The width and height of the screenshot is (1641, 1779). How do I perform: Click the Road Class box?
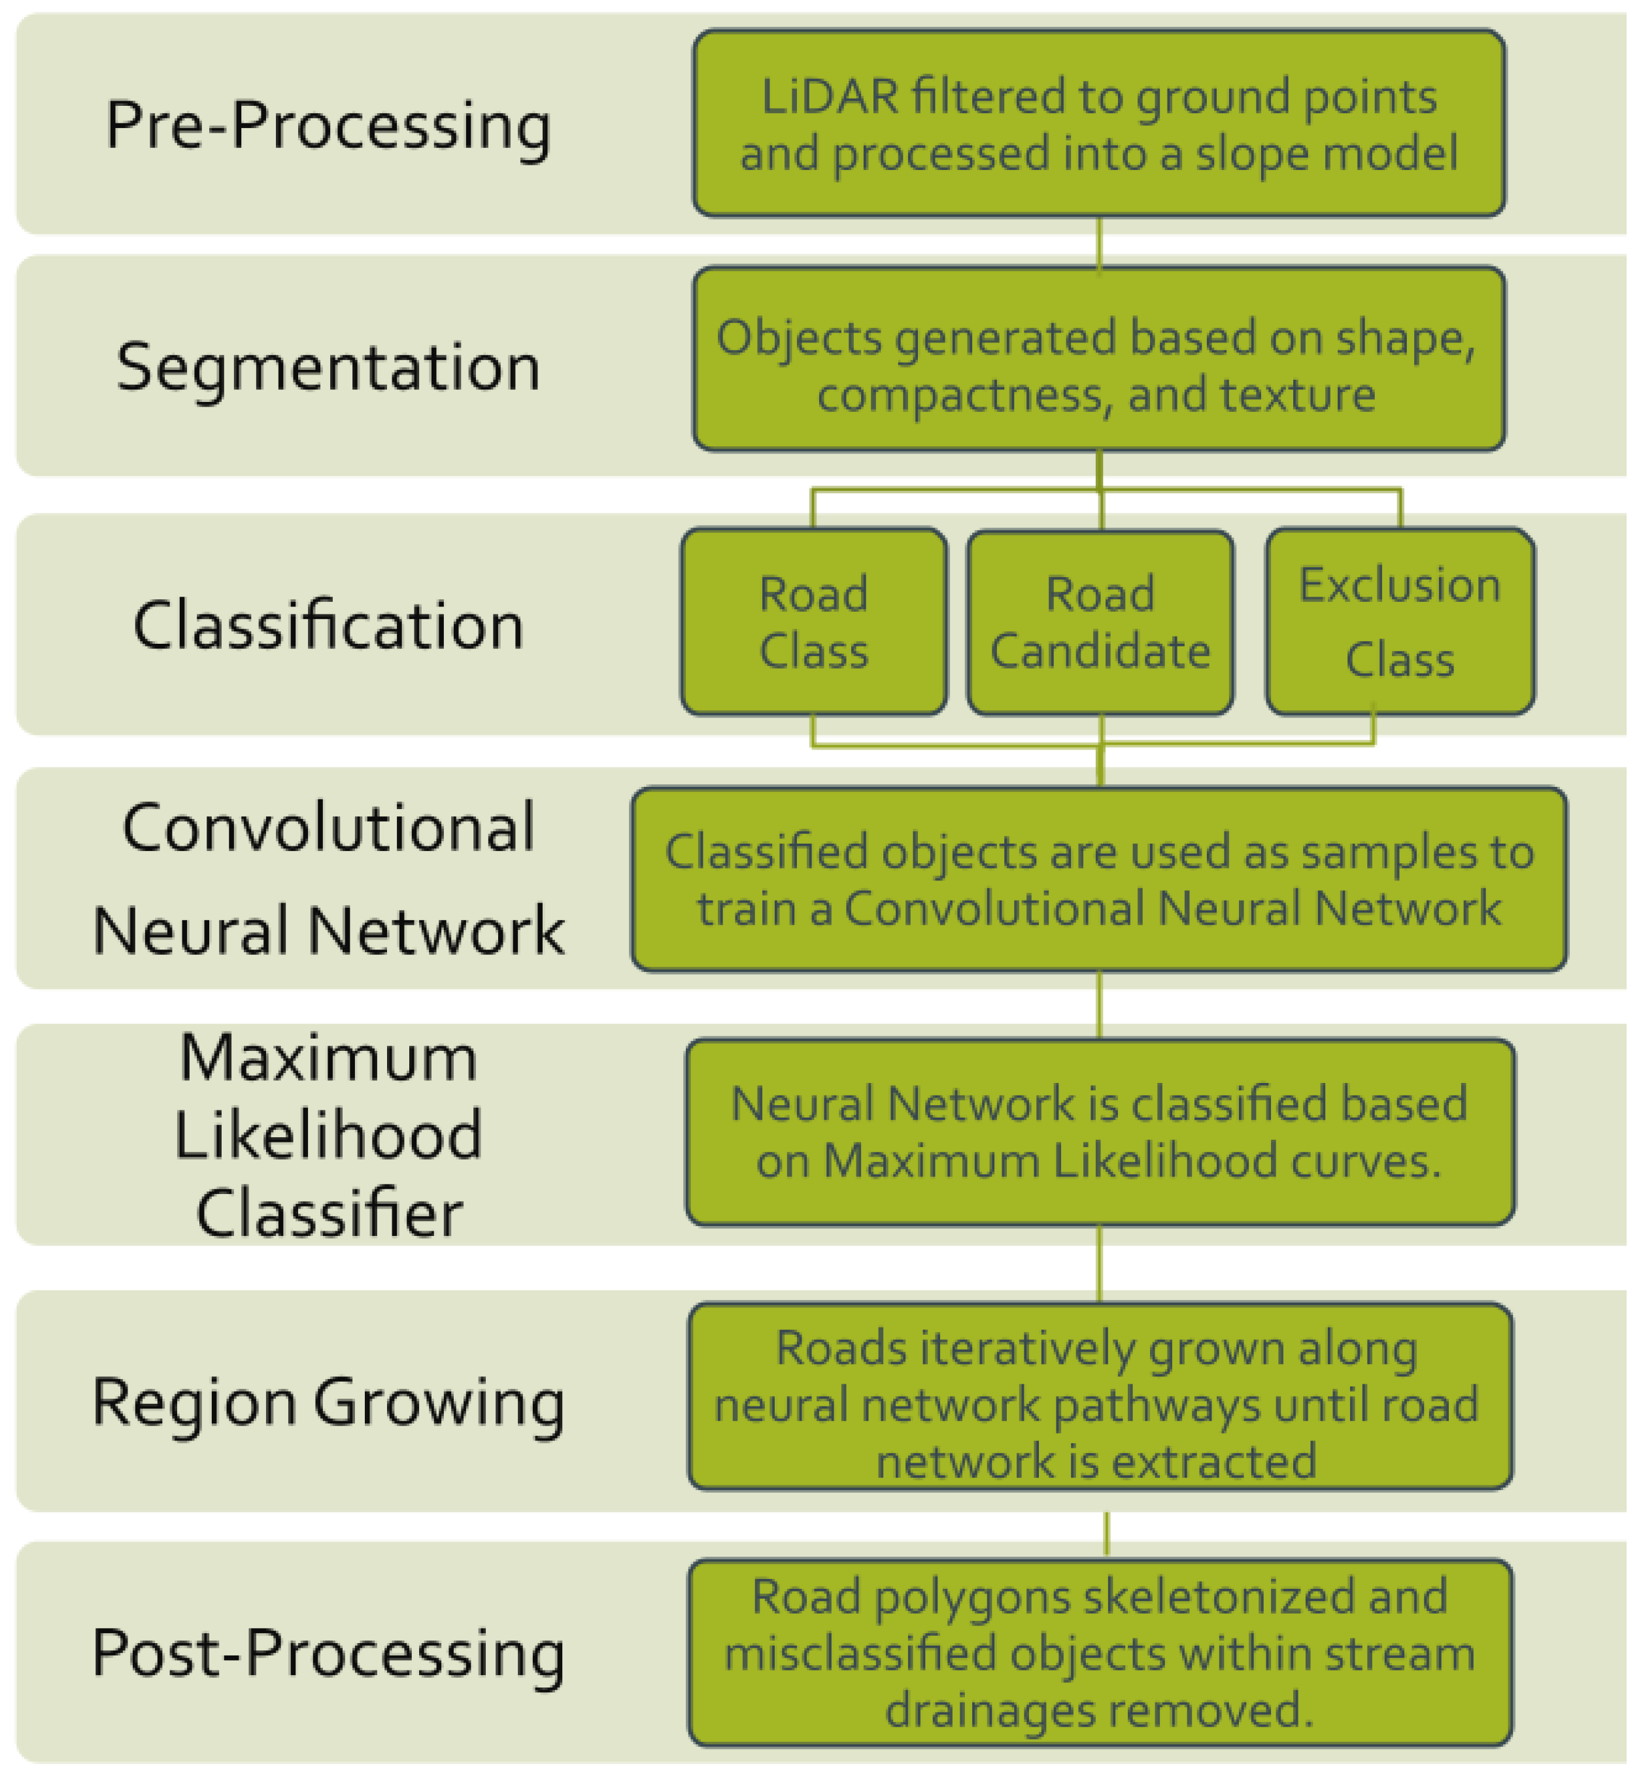(x=813, y=622)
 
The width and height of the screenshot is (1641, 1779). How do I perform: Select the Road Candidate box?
(x=1100, y=622)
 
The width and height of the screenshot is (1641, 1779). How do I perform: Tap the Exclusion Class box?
(x=1400, y=622)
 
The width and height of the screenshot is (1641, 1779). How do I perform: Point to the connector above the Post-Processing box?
(x=1106, y=1533)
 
